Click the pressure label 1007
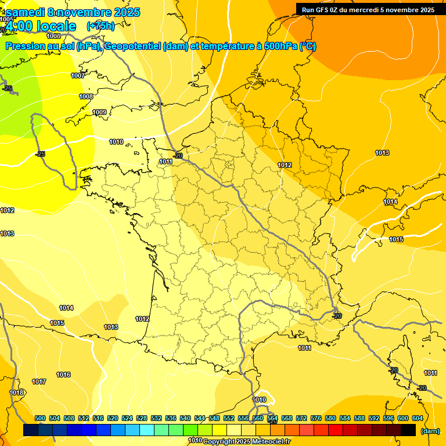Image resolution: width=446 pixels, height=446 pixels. (78, 76)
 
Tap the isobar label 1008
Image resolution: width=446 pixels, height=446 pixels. (86, 96)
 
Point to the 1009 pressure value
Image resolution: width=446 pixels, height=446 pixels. (99, 112)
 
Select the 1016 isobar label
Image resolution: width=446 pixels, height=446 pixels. (63, 375)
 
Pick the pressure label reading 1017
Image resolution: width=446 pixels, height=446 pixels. (39, 382)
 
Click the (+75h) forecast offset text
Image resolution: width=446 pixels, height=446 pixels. (100, 26)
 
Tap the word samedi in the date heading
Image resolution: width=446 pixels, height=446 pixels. (25, 12)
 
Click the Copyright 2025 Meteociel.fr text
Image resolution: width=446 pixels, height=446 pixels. (246, 442)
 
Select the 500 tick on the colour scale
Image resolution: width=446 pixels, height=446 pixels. (40, 418)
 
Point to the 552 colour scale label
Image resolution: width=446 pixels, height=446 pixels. (229, 418)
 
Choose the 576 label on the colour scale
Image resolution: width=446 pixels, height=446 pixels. (316, 418)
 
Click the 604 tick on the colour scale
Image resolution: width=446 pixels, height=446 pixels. (418, 418)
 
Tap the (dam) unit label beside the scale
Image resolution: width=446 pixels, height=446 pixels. (430, 431)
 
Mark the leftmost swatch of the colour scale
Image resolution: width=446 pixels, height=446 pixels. (31, 430)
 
